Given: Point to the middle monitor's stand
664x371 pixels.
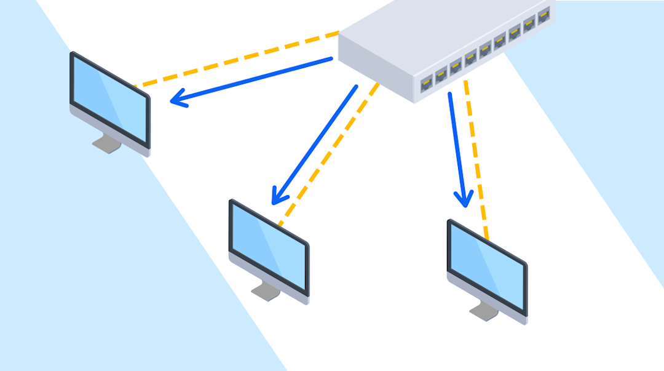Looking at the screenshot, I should [264, 292].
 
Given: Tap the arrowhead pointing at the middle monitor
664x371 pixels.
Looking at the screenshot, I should [277, 197].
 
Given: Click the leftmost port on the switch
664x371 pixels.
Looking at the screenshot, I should [426, 84].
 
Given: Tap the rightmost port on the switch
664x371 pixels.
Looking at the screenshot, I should [543, 15].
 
